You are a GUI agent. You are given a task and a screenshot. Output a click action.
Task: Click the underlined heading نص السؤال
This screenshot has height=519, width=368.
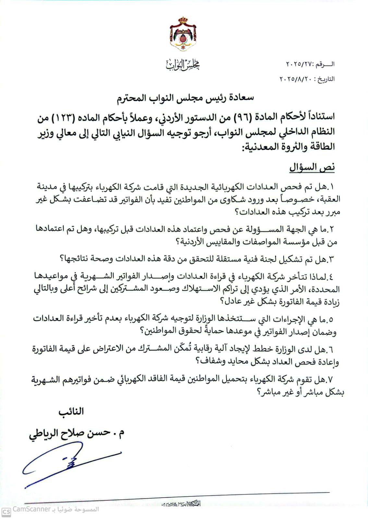(312, 167)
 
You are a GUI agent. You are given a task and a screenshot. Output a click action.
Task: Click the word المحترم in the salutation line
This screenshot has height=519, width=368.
(134, 98)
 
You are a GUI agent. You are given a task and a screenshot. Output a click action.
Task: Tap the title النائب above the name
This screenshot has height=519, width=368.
(71, 412)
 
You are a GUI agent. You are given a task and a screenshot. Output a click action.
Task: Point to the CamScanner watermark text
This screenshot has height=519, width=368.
(31, 509)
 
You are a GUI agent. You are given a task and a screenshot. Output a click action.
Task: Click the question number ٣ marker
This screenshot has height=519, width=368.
(331, 259)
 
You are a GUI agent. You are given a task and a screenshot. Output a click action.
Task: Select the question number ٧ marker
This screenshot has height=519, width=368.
(331, 379)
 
